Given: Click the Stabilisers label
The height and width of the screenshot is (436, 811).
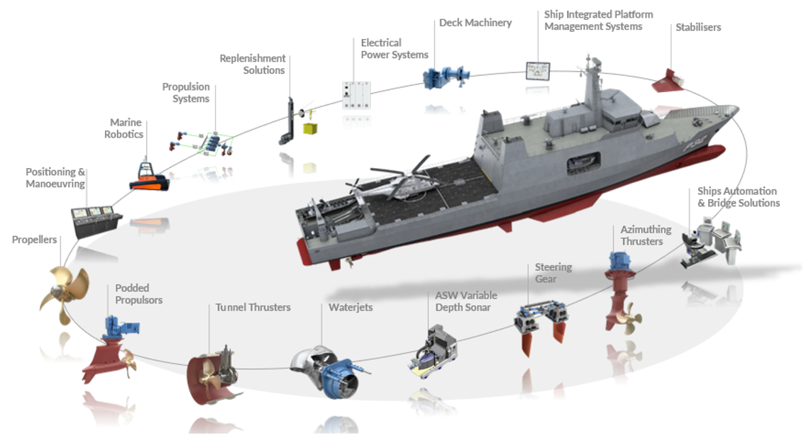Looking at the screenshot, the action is tap(697, 28).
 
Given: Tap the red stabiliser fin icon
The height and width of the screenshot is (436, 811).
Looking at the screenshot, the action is tap(668, 82).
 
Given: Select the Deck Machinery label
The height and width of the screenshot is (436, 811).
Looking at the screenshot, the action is tap(475, 23).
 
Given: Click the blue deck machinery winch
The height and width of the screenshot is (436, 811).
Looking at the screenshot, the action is tap(446, 77).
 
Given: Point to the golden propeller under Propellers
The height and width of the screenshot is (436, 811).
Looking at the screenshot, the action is tap(64, 294).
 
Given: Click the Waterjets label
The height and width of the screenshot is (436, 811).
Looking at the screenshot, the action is tap(351, 308).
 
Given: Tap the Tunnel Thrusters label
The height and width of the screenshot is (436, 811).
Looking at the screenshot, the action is tap(253, 308).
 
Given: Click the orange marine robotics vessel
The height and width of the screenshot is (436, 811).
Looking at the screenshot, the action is tap(149, 177).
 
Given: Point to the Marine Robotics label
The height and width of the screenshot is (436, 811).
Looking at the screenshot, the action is tap(123, 128).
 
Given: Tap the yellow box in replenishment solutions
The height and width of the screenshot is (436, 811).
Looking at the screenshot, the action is tap(310, 128).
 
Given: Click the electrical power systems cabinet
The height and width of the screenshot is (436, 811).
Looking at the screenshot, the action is tap(356, 95).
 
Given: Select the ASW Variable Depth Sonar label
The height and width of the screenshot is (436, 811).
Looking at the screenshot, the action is tap(466, 301).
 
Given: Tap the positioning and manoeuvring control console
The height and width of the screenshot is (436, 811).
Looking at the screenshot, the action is tap(96, 221).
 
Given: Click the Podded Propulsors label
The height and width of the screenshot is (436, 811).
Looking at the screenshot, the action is tap(138, 294).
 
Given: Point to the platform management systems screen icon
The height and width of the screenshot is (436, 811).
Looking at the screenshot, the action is tap(537, 71).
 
